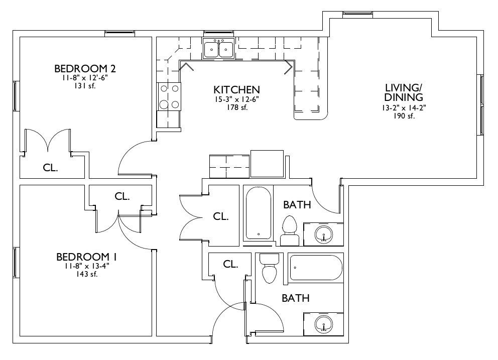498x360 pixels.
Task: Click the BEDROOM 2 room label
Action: pos(85,68)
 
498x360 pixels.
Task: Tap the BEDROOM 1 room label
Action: pos(86,257)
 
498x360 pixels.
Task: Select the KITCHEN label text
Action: pos(236,89)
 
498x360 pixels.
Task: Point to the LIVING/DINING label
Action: pos(404,92)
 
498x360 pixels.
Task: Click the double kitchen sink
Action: pos(218,49)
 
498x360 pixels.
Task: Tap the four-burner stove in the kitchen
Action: pos(169,96)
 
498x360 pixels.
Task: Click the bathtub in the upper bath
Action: pos(259,213)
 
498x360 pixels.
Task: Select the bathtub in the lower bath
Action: pos(316,268)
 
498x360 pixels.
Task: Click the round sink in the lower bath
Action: pos(324,324)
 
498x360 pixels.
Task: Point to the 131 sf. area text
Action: pos(85,86)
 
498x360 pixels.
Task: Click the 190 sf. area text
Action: pos(404,116)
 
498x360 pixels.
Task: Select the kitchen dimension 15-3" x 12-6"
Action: pos(236,99)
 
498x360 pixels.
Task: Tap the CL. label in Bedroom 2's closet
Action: pos(51,168)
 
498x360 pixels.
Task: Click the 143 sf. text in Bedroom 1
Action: pos(86,274)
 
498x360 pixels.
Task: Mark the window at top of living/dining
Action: pos(357,13)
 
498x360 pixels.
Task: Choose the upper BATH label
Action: pos(297,205)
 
